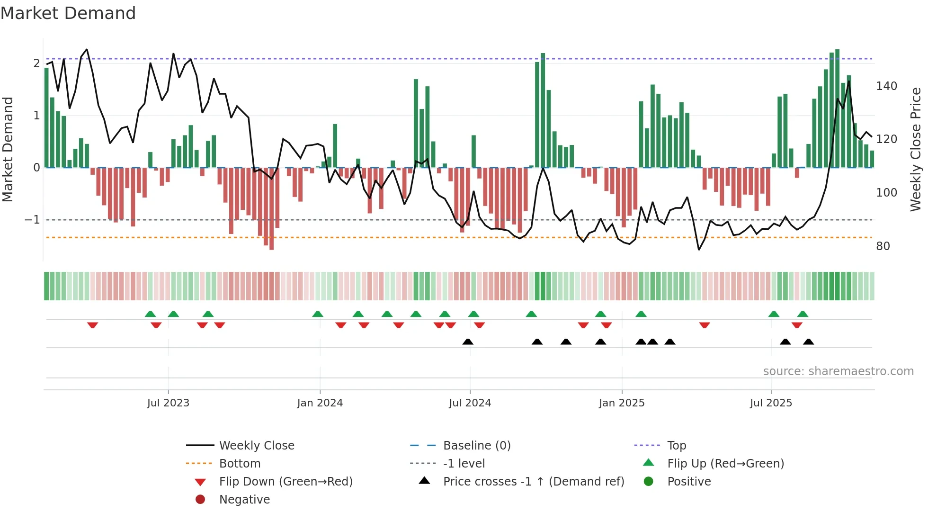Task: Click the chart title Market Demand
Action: [68, 13]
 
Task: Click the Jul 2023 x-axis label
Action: [168, 403]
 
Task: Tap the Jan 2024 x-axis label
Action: [320, 403]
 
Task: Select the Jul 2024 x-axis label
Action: [470, 403]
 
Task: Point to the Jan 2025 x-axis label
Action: [622, 403]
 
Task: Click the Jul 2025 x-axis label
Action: [771, 403]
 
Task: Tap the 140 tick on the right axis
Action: [886, 86]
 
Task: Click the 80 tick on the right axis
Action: [883, 246]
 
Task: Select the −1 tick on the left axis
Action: [32, 220]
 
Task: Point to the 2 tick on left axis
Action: [36, 63]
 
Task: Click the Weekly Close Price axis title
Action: [916, 149]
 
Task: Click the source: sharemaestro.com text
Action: [838, 371]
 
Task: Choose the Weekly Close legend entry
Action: [257, 446]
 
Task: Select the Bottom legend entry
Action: [240, 464]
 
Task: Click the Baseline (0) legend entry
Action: [477, 446]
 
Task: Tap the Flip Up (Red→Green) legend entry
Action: [725, 464]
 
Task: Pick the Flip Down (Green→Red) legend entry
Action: [286, 482]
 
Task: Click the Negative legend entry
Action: [244, 500]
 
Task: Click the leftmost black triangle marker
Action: [468, 342]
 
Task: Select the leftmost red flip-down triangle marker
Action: [93, 325]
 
